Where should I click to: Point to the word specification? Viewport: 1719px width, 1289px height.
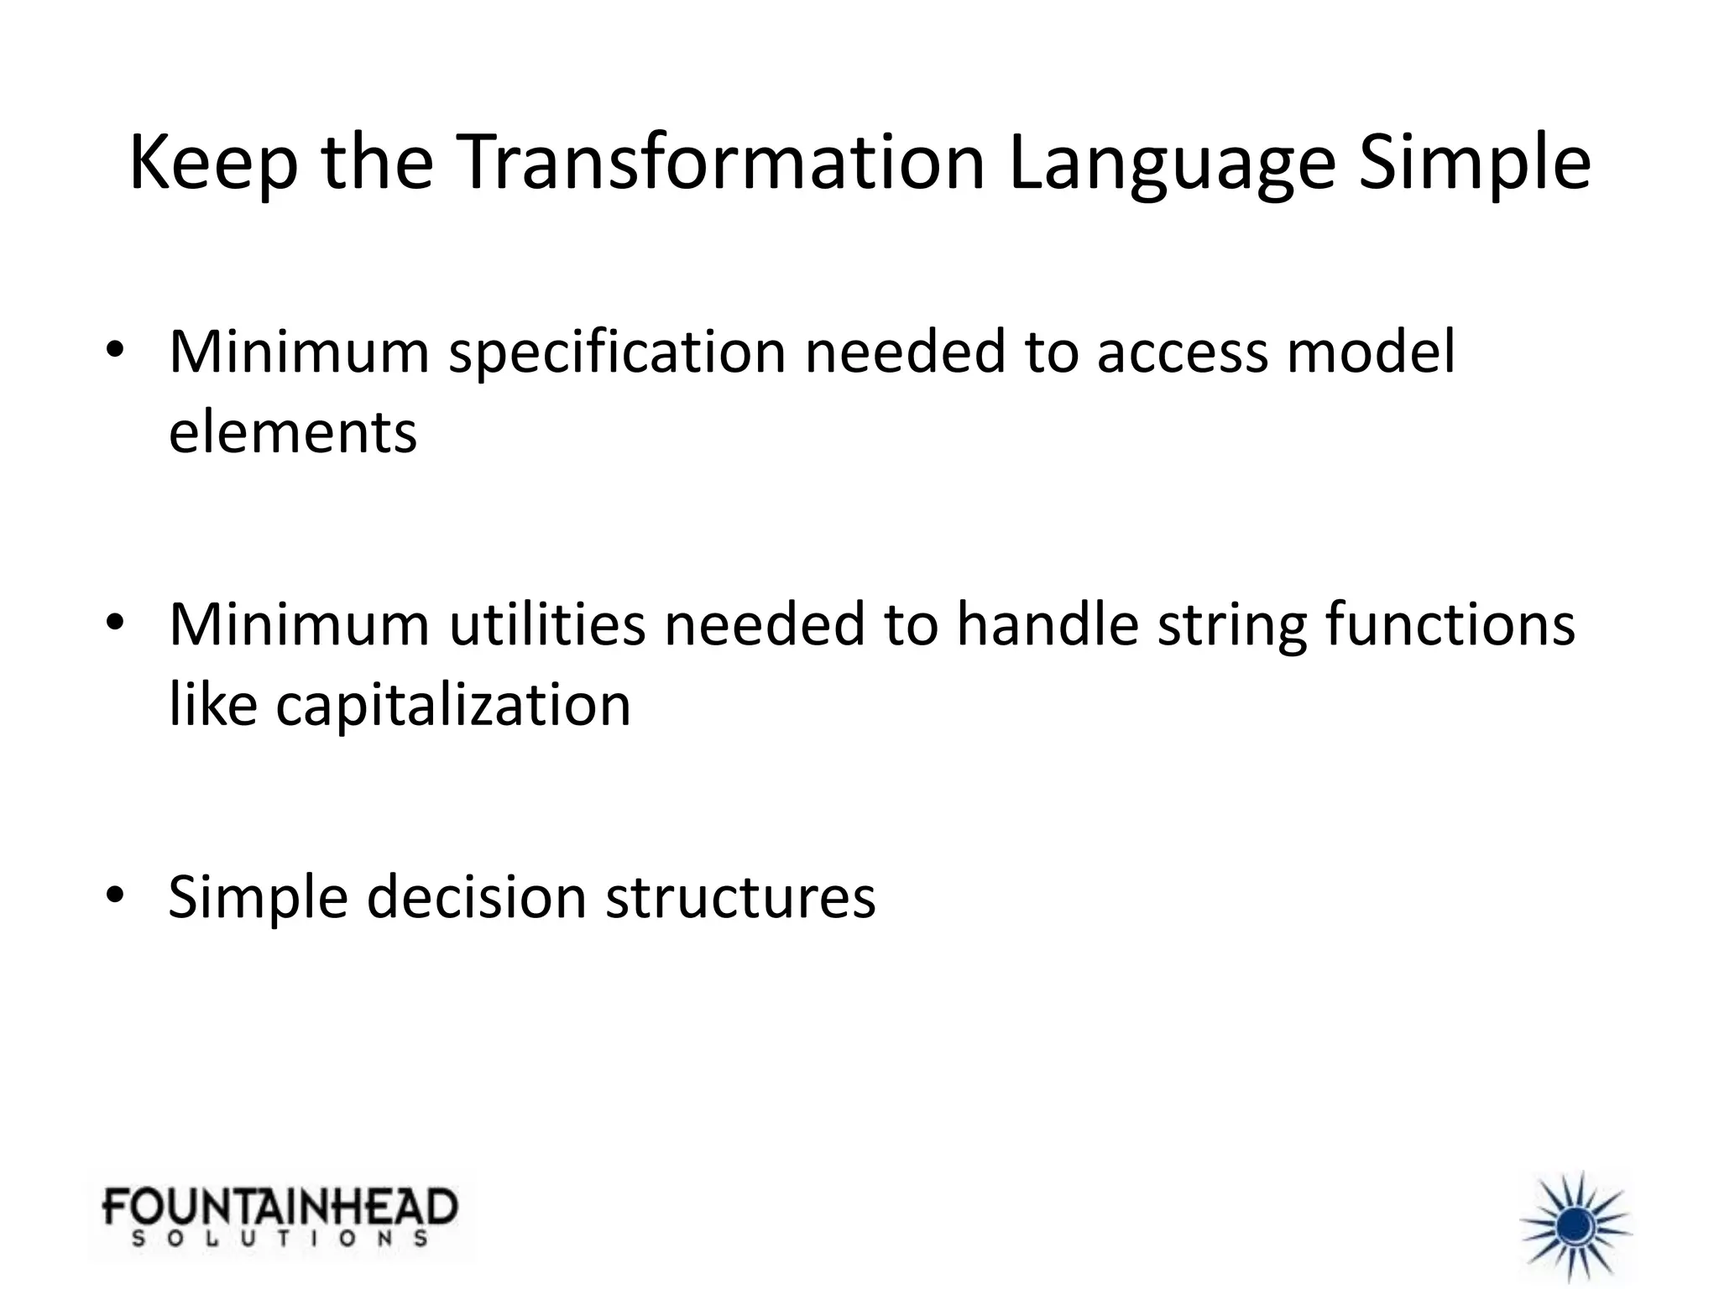617,352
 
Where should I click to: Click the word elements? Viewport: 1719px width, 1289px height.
292,432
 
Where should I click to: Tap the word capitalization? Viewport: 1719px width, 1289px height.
453,705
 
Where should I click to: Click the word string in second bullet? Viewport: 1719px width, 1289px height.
1232,626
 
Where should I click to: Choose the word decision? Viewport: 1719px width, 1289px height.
476,897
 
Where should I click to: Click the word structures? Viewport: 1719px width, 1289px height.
740,897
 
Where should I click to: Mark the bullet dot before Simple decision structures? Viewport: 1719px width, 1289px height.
115,895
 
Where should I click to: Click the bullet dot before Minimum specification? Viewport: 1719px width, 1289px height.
115,350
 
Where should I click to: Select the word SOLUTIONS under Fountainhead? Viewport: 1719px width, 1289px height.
280,1239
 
